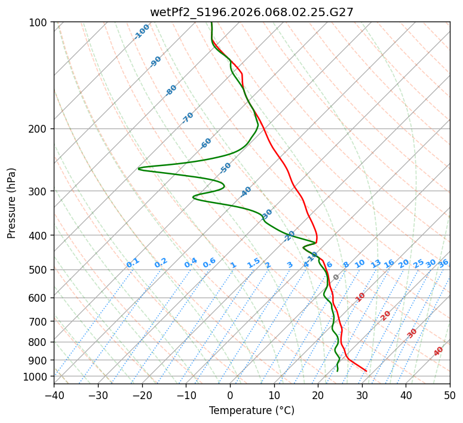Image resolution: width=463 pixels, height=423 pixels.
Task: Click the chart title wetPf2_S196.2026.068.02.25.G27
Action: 252,12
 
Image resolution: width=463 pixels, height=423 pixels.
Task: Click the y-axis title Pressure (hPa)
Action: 12,203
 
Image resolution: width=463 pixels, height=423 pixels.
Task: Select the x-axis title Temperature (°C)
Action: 252,410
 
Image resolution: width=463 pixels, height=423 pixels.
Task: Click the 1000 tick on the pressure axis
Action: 38,376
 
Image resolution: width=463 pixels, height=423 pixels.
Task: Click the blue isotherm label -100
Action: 142,32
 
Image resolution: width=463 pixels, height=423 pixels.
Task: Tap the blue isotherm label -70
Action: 188,118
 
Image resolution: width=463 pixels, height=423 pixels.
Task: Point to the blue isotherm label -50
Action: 225,168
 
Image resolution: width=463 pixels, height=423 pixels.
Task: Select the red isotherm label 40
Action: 439,351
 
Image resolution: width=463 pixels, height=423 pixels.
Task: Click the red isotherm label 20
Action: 386,315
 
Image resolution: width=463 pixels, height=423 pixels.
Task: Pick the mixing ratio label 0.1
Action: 133,263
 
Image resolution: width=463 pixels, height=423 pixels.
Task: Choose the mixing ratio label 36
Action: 443,263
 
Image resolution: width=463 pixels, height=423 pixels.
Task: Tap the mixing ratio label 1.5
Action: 253,263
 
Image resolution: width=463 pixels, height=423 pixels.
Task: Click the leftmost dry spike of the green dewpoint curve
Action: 139,169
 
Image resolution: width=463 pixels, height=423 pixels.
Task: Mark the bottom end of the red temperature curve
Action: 366,371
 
